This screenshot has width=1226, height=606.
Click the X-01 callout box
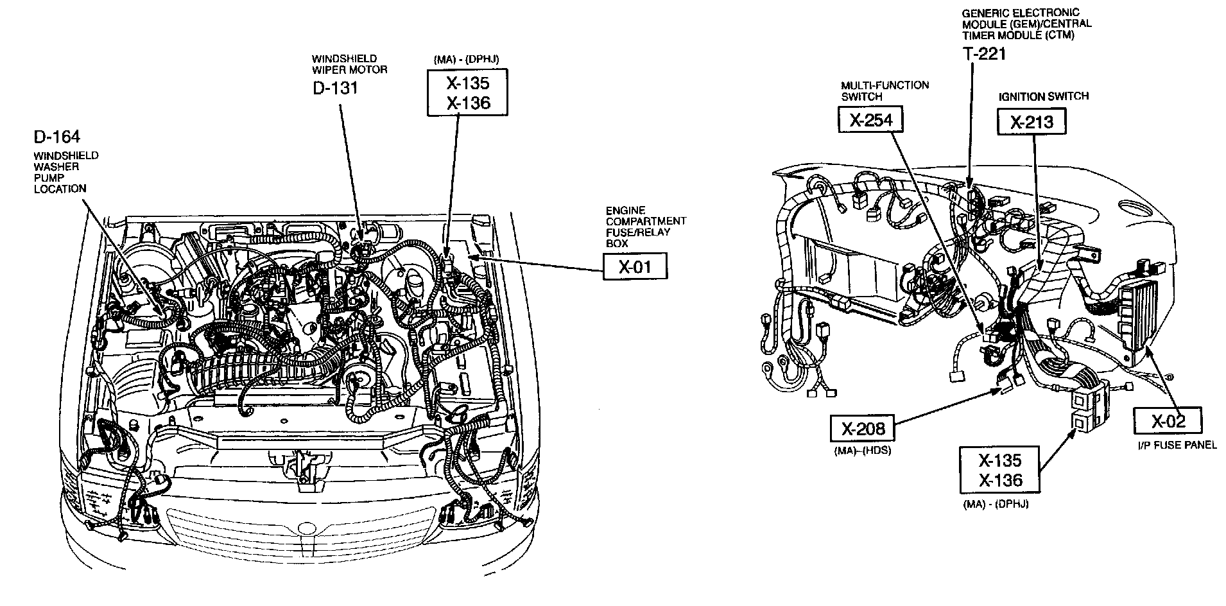click(635, 266)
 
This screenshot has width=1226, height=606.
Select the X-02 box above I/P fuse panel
click(1168, 421)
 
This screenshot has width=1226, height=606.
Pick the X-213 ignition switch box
click(1032, 121)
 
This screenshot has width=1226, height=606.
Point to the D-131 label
click(335, 88)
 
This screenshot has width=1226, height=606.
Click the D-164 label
click(57, 137)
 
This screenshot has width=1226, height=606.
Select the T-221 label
click(984, 53)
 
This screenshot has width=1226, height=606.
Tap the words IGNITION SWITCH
click(1043, 96)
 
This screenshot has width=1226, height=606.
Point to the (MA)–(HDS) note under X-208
click(863, 451)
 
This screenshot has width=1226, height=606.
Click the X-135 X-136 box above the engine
click(467, 93)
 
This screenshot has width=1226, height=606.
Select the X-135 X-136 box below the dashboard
click(999, 470)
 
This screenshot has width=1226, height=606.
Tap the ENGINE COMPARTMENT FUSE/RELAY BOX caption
click(645, 227)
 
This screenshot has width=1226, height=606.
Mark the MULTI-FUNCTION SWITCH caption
click(885, 91)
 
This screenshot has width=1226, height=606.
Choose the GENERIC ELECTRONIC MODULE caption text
click(1026, 24)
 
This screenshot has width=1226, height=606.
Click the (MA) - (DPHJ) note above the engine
click(467, 59)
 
